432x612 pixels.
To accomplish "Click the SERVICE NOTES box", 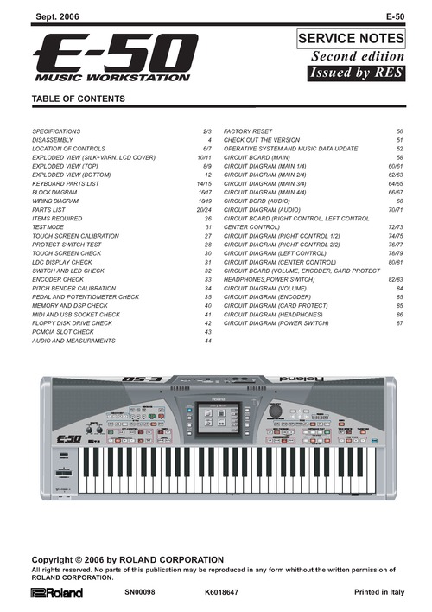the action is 351,39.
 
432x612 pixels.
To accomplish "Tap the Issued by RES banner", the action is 356,73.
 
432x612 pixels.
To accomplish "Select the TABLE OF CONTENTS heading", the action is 78,99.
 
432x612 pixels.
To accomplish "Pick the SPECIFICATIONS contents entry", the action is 57,131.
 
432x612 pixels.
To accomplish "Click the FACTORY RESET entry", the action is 248,131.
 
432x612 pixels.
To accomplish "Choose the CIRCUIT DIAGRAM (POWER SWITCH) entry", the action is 276,322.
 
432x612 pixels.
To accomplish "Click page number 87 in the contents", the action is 400,322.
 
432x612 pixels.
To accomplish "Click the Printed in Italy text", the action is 378,592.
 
